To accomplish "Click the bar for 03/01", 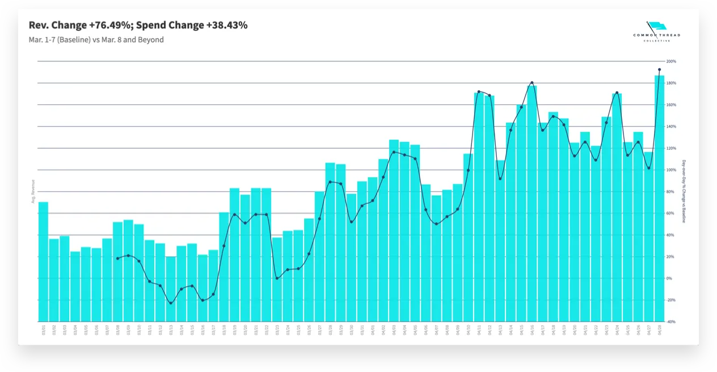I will [x=43, y=261].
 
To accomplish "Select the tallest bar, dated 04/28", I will [x=659, y=198].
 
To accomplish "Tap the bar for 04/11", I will [x=479, y=207].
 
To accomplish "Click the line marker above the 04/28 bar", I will [x=659, y=70].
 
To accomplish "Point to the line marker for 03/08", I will [x=118, y=258].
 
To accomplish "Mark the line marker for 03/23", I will [x=277, y=278].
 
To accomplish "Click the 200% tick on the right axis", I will [x=671, y=61].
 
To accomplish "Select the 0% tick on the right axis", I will [x=670, y=278].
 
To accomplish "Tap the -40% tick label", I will [x=671, y=321].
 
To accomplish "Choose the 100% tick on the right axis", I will [x=671, y=170].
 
